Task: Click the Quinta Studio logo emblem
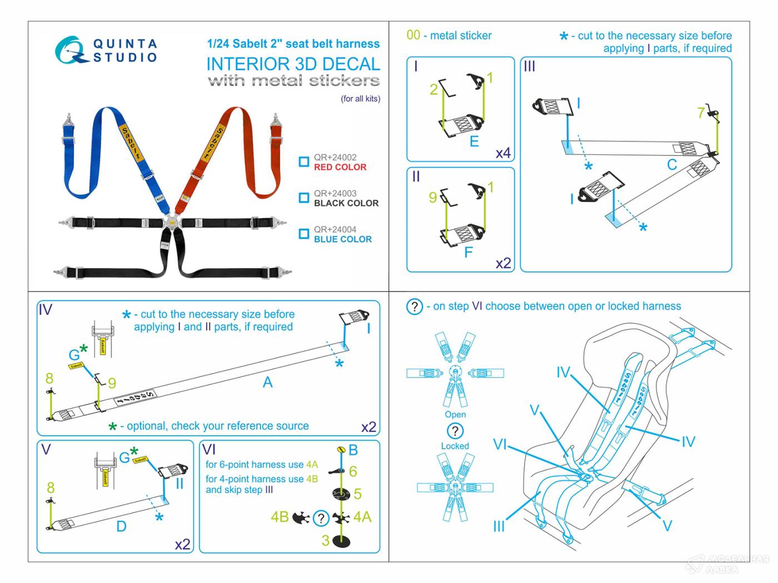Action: tap(71, 49)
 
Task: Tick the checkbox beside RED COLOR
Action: tap(303, 162)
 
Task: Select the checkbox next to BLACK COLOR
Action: tap(303, 198)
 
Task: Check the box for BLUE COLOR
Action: tap(303, 234)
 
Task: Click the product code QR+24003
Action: tap(335, 193)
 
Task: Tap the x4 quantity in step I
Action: tap(503, 153)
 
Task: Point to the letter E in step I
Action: tap(474, 142)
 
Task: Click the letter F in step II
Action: tap(468, 253)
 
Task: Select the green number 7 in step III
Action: tap(701, 113)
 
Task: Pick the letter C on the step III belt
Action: tap(672, 165)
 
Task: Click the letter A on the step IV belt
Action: tap(268, 382)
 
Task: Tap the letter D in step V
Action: tap(121, 526)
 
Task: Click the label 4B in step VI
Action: tap(280, 517)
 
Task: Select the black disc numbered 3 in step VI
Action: tap(340, 541)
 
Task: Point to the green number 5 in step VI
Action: tap(357, 494)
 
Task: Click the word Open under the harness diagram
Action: tap(455, 414)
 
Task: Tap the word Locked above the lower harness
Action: tap(455, 446)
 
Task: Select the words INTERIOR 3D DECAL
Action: tap(293, 64)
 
